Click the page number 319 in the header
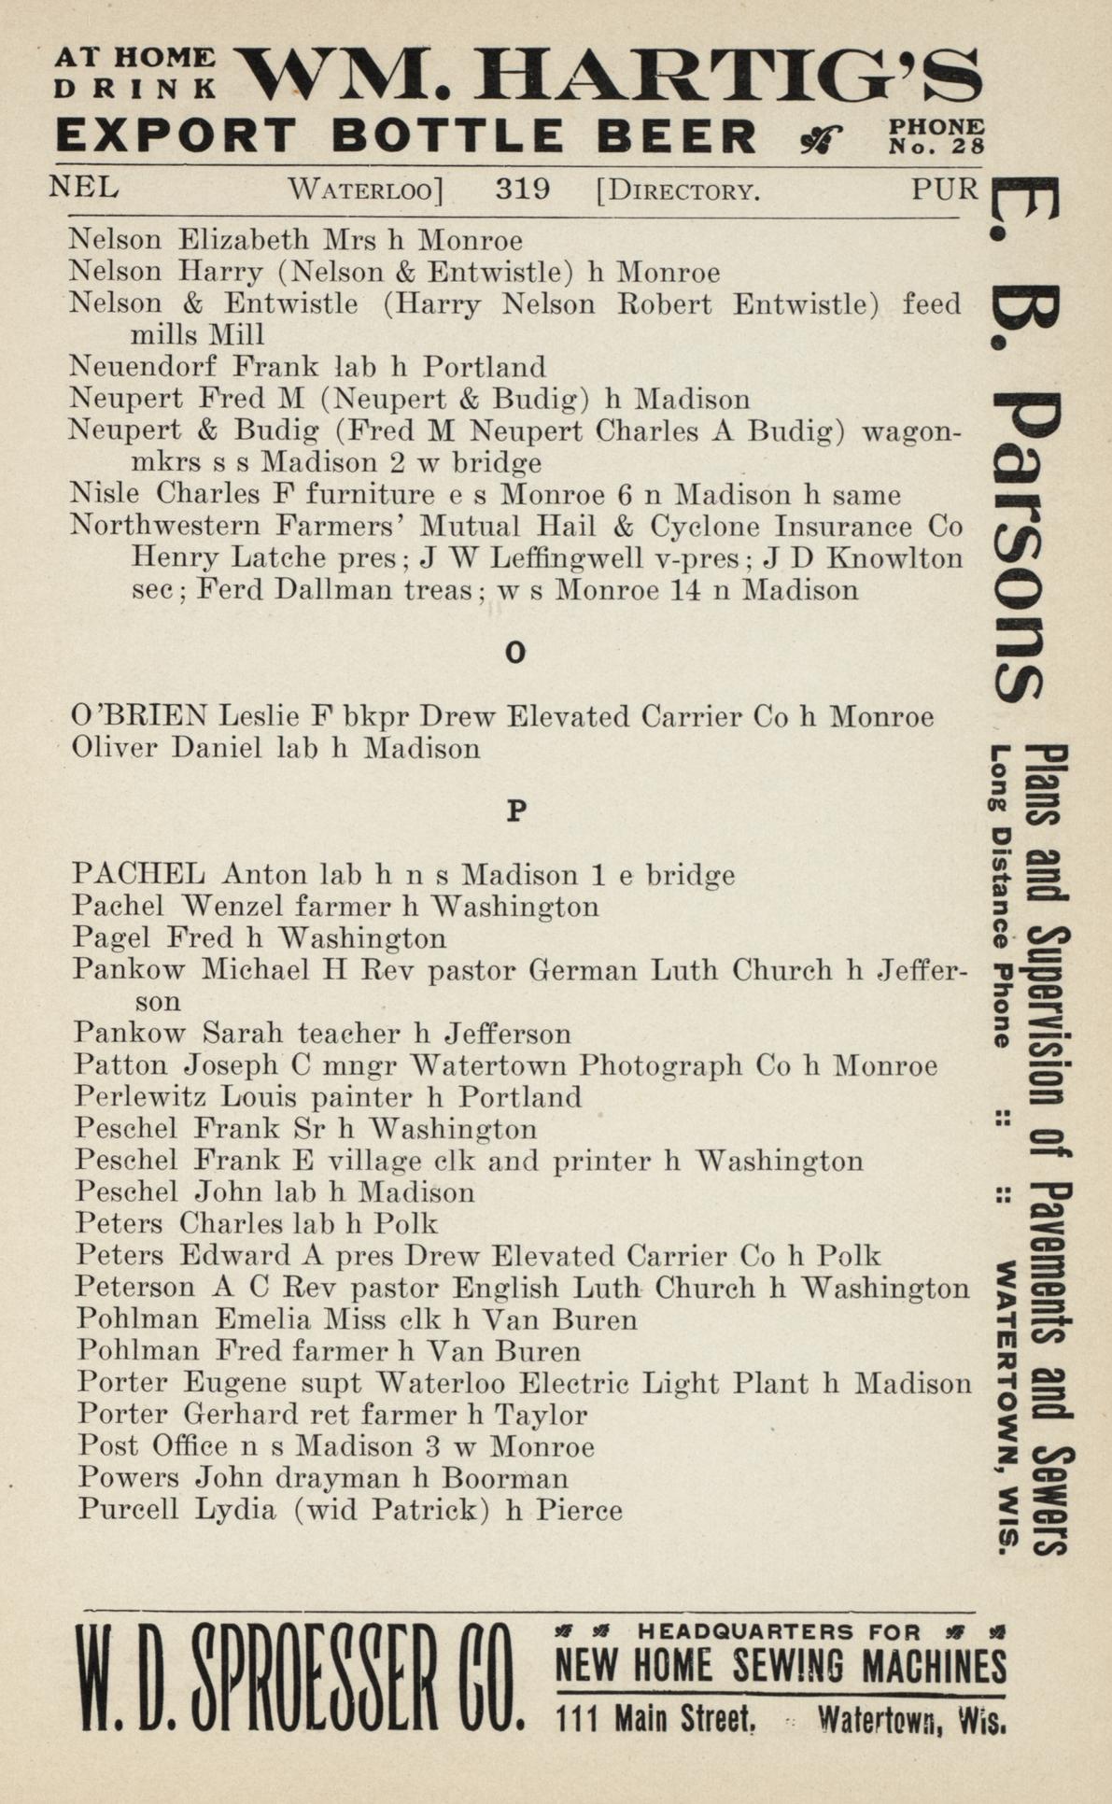[x=522, y=190]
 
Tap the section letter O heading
[x=515, y=654]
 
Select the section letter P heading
[x=516, y=811]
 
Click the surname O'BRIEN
[x=139, y=716]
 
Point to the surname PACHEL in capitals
[x=138, y=875]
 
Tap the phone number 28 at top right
[x=970, y=146]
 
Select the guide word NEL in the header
[x=84, y=188]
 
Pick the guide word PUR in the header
[x=945, y=190]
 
